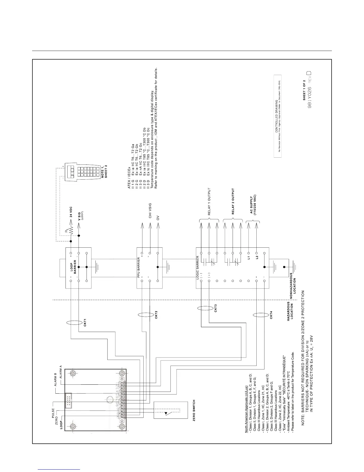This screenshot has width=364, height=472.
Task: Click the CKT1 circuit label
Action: click(85, 323)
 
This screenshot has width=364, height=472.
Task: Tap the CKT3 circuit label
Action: click(215, 308)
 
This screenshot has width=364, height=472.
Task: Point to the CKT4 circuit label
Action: click(271, 315)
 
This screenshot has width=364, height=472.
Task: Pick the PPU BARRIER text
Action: click(139, 267)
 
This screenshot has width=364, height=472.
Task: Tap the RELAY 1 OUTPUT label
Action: click(209, 202)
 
